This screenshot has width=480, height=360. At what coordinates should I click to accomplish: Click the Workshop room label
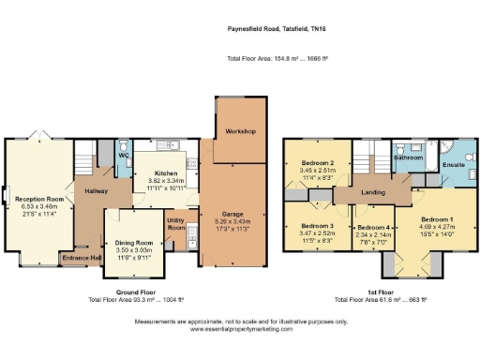click(240, 131)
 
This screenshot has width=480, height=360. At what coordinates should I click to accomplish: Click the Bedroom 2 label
click(318, 163)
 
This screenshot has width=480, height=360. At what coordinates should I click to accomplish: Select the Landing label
click(374, 194)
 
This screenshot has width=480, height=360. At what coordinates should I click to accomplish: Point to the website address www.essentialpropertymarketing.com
click(241, 330)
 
